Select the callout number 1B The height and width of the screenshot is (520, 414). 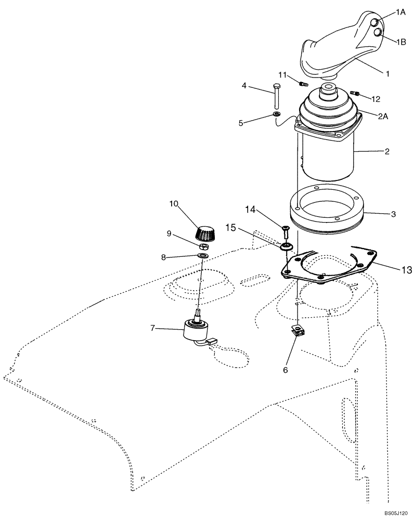point(400,42)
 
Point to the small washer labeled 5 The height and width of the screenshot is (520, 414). point(277,114)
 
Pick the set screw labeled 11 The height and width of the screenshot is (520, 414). point(304,83)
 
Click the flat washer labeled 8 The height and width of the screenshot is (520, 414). point(203,256)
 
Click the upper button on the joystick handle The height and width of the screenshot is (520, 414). point(374,22)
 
